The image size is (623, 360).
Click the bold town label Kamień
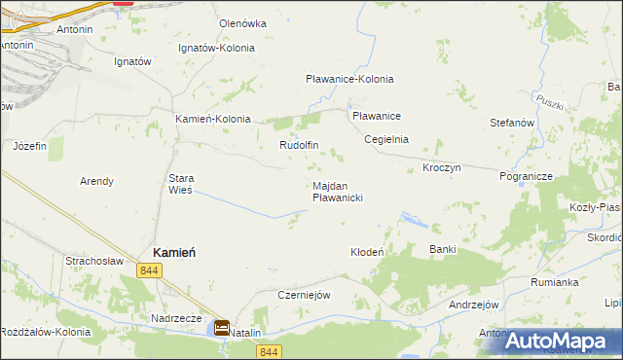point(172,251)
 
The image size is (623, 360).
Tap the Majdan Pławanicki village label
point(338,191)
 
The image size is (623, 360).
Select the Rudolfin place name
point(299,145)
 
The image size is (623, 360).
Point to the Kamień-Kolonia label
point(212,119)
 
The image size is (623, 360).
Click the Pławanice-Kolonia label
point(349,79)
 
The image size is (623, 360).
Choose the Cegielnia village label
point(385,139)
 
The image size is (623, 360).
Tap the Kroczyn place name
point(441,167)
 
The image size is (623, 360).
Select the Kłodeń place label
point(368,252)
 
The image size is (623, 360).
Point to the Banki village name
point(443,249)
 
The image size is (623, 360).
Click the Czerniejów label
point(306,295)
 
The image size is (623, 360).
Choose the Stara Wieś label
point(182,184)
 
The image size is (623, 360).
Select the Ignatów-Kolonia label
point(216,47)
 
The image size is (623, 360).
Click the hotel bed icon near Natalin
point(222,329)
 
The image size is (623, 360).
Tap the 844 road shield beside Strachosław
point(149,270)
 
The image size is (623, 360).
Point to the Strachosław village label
point(93,261)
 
